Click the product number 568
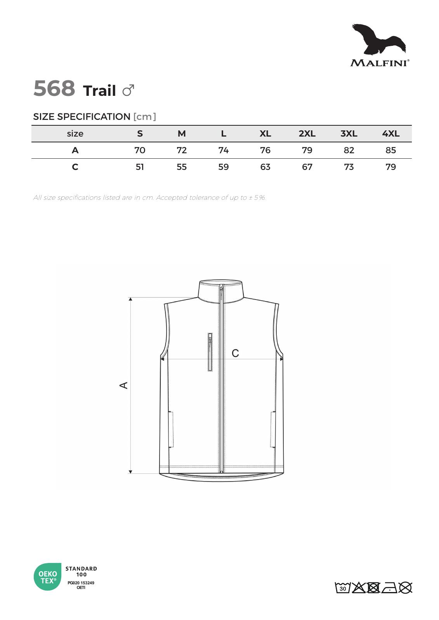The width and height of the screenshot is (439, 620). (x=54, y=88)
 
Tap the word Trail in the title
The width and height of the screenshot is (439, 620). (x=99, y=90)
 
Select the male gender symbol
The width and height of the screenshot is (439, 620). (x=128, y=90)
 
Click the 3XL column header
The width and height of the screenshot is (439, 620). (x=349, y=134)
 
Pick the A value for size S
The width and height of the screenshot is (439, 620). (x=140, y=150)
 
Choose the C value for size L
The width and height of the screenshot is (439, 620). (x=223, y=167)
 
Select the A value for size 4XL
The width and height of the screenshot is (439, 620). (x=390, y=150)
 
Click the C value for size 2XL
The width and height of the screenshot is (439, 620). (x=307, y=167)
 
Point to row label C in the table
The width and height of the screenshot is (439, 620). (x=75, y=167)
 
